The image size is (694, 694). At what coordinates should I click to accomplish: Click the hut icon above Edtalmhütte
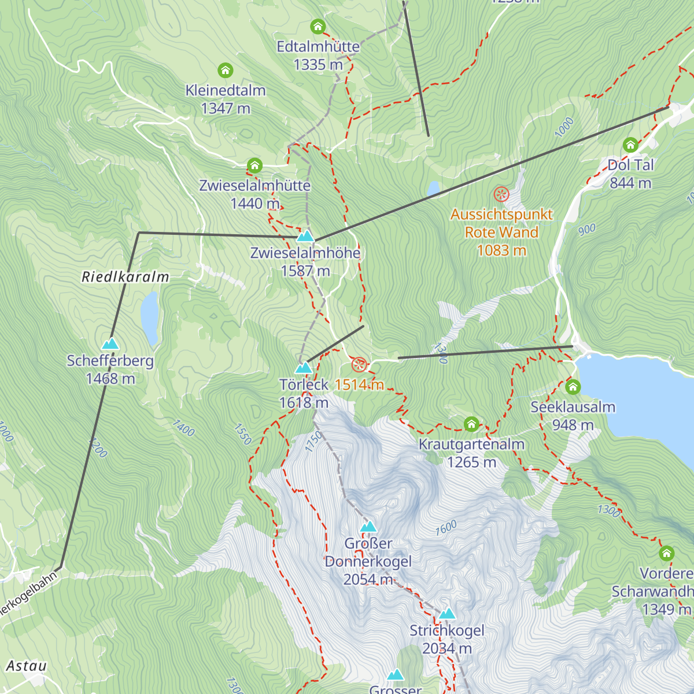318,27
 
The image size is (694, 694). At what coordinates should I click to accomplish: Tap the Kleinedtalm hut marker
226,71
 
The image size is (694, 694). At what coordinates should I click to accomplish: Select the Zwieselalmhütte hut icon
254,166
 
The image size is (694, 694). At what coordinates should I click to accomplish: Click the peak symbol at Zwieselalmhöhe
305,236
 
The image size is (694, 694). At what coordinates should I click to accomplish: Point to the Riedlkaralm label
125,277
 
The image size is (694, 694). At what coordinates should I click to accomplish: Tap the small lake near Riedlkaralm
150,317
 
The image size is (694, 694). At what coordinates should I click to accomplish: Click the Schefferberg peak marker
110,344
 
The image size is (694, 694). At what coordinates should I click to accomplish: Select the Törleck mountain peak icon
304,368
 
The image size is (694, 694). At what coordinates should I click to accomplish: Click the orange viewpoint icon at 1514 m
359,365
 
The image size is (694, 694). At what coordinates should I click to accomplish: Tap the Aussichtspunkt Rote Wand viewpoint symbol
501,194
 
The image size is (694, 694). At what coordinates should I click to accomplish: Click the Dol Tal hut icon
630,145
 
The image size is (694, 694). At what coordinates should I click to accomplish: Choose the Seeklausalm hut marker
573,386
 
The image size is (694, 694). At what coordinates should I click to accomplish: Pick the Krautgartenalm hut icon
471,424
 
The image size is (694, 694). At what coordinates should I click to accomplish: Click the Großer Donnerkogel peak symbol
368,527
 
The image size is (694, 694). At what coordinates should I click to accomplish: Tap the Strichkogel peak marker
447,614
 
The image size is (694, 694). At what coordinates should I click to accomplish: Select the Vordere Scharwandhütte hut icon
667,553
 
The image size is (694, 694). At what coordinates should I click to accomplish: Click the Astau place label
26,666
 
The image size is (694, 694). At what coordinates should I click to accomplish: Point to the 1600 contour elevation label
446,527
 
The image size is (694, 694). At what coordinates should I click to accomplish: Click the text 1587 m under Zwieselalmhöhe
305,271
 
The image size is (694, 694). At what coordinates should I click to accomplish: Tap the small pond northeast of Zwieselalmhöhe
433,189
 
